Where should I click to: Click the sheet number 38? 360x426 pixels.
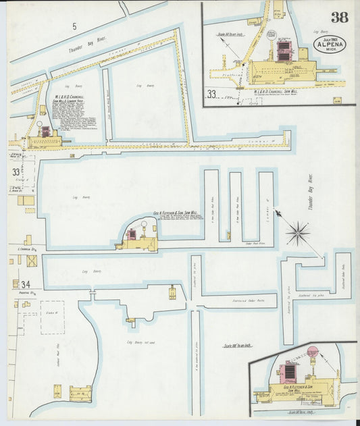[x=340, y=18]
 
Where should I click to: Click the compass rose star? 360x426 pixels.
[x=297, y=234]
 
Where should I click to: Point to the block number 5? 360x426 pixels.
[x=75, y=26]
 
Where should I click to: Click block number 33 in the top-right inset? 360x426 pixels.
[x=213, y=94]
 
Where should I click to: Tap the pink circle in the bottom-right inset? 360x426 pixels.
[x=313, y=351]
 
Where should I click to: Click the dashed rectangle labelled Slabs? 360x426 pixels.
[x=52, y=317]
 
